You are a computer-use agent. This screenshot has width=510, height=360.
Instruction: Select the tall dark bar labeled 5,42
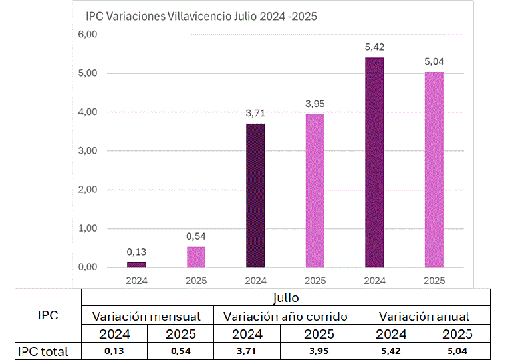(x=374, y=162)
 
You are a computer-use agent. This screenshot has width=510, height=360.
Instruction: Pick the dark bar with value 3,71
(x=255, y=196)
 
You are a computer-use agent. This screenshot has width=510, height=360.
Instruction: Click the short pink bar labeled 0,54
(x=196, y=257)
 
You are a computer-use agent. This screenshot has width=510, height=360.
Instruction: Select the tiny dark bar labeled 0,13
(x=136, y=264)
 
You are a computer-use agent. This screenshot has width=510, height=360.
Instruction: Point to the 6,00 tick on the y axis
(x=88, y=35)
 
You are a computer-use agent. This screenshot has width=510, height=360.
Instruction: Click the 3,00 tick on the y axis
(x=88, y=151)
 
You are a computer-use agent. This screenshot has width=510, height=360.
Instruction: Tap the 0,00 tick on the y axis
(x=88, y=268)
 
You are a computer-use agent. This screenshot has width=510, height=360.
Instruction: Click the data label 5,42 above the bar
(x=374, y=47)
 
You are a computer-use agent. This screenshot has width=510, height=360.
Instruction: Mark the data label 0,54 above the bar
(x=196, y=236)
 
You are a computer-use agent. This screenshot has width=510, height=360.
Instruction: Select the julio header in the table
(x=285, y=297)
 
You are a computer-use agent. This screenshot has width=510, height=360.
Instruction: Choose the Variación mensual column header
(x=146, y=316)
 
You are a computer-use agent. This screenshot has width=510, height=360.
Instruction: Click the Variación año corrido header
(x=285, y=316)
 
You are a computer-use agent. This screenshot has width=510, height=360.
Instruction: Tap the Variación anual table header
(x=424, y=316)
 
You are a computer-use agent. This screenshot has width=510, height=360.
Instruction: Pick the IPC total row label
(x=43, y=351)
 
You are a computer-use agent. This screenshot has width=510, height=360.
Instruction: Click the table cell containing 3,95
(x=319, y=351)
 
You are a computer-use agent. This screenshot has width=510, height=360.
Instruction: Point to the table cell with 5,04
(x=457, y=351)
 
